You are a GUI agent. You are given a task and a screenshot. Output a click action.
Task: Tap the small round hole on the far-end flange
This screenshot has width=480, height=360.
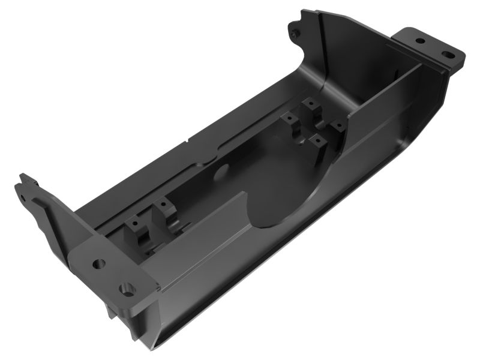pos(420,41)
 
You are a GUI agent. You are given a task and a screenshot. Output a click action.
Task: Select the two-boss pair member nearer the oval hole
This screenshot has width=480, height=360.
pos(164,212)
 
